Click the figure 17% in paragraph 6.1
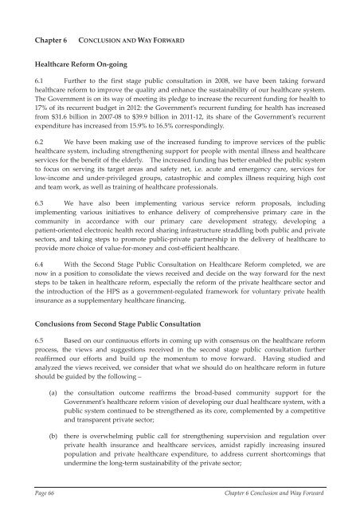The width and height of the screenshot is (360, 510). click(37, 123)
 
